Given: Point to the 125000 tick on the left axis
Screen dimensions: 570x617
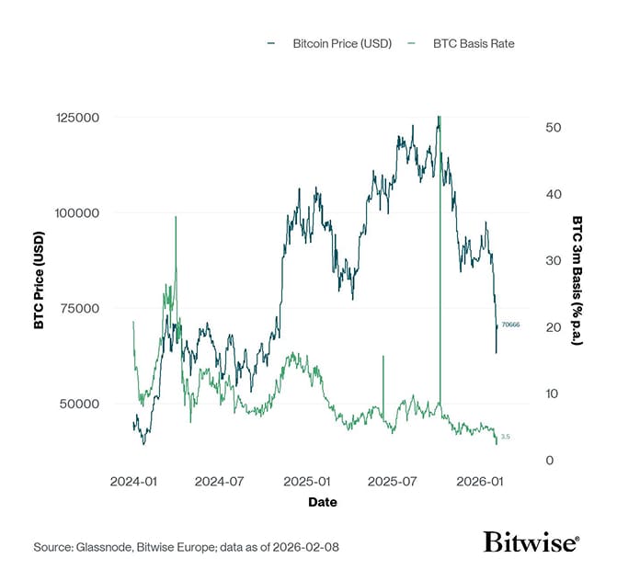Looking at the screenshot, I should (x=79, y=118).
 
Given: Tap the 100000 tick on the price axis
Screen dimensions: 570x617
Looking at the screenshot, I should (x=79, y=212).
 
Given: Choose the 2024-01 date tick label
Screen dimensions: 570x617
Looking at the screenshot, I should (x=133, y=482).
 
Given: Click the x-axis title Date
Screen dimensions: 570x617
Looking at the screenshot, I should (x=322, y=503).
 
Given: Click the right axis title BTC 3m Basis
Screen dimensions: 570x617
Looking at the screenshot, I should (x=577, y=280).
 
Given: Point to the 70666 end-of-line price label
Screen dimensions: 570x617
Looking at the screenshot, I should (x=510, y=325).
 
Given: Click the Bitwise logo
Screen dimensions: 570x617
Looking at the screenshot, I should (x=531, y=542).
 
